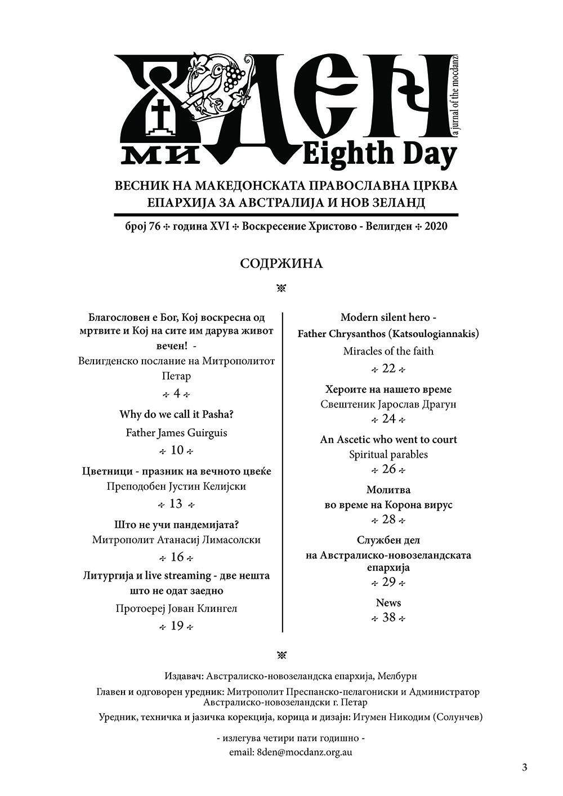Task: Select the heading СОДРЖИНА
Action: tap(281, 263)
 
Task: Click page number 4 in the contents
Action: tap(177, 393)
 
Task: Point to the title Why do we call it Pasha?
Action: tap(176, 415)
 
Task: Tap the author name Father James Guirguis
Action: tap(176, 432)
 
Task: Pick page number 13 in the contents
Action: tap(176, 503)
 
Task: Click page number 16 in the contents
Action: tap(177, 557)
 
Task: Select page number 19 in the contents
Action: tap(177, 626)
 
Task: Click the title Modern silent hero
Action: tap(388, 317)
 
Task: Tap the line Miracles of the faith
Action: tap(388, 351)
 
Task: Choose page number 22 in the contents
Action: tap(388, 369)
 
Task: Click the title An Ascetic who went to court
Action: tap(388, 439)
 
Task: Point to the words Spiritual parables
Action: tap(388, 454)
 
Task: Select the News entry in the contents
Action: tap(388, 602)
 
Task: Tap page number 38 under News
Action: tap(388, 618)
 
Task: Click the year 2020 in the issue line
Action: tap(437, 226)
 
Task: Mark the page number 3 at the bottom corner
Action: tap(525, 767)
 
